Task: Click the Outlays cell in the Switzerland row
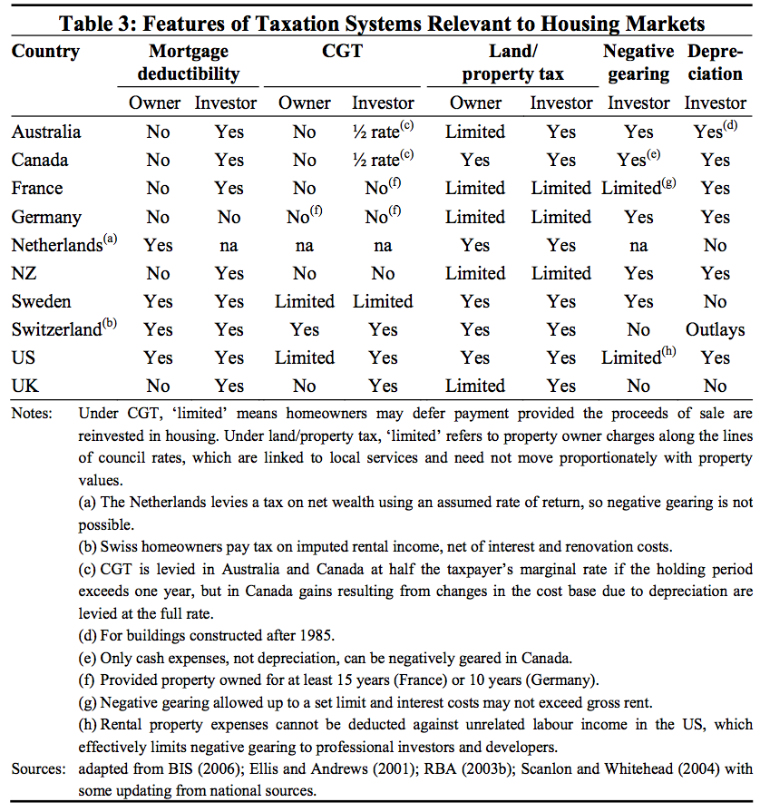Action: coord(716,329)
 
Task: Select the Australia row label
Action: coord(46,132)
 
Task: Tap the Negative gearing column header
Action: coord(638,63)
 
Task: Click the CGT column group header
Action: coord(343,52)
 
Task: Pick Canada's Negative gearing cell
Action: coord(638,160)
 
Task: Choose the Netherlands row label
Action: coord(56,245)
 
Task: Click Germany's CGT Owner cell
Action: coord(304,217)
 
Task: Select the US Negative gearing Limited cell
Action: coord(638,357)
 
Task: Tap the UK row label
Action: coord(26,386)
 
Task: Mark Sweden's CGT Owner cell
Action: coord(305,301)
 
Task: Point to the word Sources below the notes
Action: coord(39,769)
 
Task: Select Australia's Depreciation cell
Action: coord(715,132)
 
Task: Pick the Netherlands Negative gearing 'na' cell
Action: coord(638,245)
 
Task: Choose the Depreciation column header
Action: coord(716,63)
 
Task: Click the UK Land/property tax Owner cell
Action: coord(475,386)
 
